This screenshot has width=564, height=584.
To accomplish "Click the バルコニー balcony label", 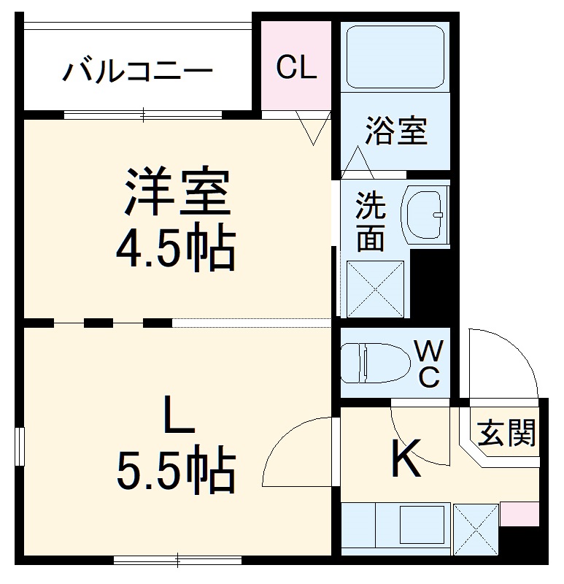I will [138, 72].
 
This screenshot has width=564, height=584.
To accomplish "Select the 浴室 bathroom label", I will [396, 131].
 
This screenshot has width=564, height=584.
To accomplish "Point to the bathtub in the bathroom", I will [395, 57].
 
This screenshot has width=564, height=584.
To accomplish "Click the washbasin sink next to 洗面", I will [426, 215].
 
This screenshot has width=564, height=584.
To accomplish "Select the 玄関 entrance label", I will [506, 433].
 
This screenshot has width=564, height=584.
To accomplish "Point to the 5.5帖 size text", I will [176, 471].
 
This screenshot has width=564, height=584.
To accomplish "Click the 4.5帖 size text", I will [176, 250].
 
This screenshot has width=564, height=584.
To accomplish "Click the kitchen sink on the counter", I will [421, 524].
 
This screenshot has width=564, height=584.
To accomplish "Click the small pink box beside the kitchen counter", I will [513, 514].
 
